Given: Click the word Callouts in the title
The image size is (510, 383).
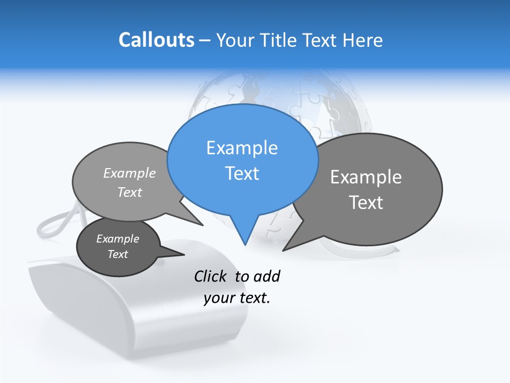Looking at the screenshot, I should (156, 40).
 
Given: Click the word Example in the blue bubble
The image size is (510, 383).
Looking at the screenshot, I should (242, 148).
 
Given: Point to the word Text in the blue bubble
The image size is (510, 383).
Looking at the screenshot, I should (242, 173).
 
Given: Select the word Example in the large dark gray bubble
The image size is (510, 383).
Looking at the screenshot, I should (366, 177).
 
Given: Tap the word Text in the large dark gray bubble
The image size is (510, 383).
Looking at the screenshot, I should (366, 203).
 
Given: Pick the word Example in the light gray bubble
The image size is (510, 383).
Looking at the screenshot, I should (130, 173).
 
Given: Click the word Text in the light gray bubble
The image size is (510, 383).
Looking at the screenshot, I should (130, 192).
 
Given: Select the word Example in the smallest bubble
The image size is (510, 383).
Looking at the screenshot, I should (117, 239).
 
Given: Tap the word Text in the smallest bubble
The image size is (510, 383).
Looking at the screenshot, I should (117, 254).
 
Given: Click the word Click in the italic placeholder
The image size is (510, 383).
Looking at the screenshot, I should (211, 276).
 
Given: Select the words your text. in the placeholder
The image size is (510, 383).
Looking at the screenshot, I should (237, 298).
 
